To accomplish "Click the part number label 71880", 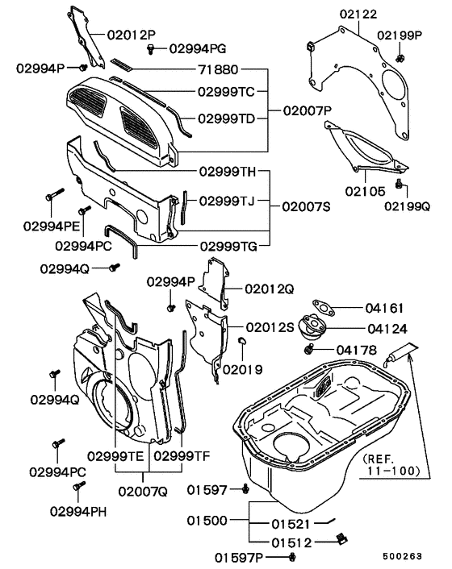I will coord(219,70).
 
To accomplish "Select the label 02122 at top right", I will coord(358,15).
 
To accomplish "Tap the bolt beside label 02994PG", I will coord(151,50).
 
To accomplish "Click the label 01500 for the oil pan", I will coord(209,521).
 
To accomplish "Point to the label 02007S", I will coord(308,206).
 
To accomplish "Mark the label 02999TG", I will coord(227,245).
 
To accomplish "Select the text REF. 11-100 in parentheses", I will coord(393,460).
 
